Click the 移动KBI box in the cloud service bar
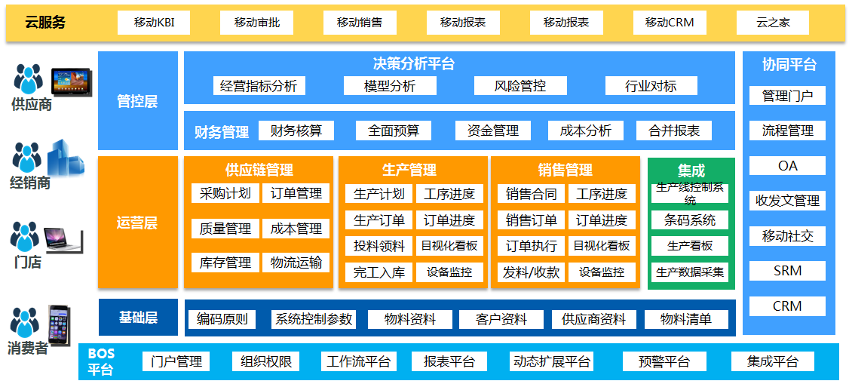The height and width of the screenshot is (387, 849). pos(154,23)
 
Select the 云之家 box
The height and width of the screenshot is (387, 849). pos(773,23)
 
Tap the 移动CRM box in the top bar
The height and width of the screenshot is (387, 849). pos(670,23)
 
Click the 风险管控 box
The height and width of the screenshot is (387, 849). pos(520,86)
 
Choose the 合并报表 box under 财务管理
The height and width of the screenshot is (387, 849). pos(674,131)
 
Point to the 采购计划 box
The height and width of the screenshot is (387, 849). pos(225,193)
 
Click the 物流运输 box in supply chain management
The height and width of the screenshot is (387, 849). pos(296,263)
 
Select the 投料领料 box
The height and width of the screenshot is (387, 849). pos(379,246)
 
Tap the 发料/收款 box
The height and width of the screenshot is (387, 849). pos(532,272)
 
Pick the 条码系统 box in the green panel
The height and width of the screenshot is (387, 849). pos(690,220)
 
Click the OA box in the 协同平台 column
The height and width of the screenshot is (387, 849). pos(788,166)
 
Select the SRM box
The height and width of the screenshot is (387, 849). pos(788,271)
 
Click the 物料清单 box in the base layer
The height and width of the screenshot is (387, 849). pos(685,319)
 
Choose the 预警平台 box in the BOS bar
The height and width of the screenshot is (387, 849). pos(664,361)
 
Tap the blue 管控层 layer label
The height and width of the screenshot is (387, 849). pos(137,101)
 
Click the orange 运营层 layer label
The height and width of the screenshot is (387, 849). pos(137,223)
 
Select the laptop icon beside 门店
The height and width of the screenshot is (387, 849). pos(63,239)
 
